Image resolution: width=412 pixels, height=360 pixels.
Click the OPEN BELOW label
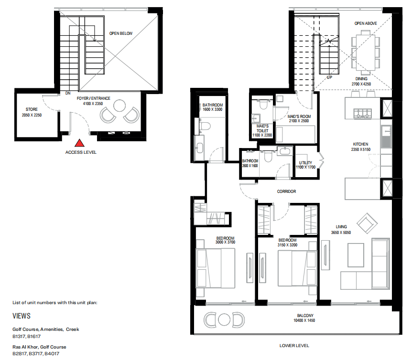click(120, 33)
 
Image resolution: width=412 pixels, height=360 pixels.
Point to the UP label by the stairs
click(329, 77)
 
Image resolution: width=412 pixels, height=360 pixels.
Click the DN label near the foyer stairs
click(68, 94)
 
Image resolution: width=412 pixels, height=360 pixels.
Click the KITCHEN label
click(360, 144)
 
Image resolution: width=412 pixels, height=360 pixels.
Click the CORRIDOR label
click(286, 191)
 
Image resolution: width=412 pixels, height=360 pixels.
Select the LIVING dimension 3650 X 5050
click(341, 233)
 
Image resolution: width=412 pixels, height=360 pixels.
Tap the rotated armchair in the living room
click(367, 223)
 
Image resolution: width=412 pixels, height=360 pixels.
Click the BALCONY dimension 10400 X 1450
click(304, 321)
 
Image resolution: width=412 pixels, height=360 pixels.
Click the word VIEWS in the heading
click(22, 316)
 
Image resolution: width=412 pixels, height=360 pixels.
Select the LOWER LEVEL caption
click(294, 345)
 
